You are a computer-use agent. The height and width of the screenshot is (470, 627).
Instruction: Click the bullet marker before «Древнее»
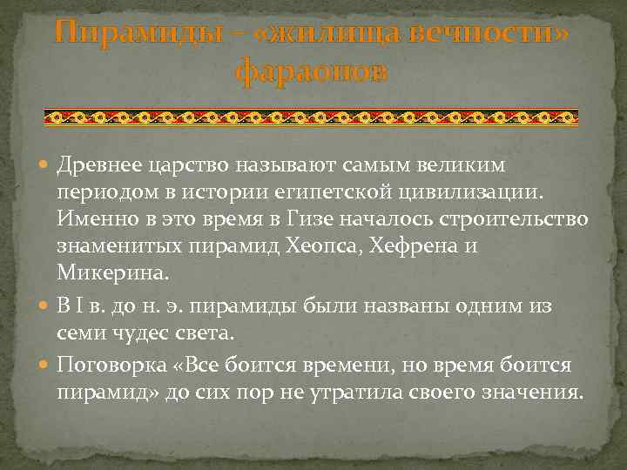pos(45,165)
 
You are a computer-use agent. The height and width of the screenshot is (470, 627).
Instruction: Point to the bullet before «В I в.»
pos(45,306)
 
